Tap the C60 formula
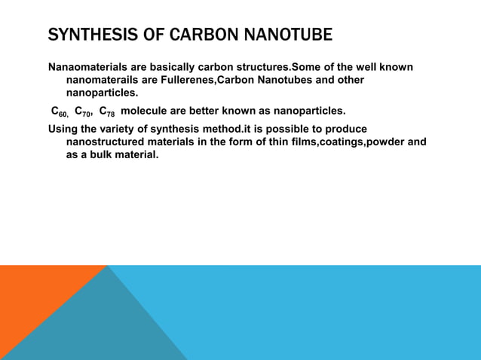(60, 111)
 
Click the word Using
(63, 129)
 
